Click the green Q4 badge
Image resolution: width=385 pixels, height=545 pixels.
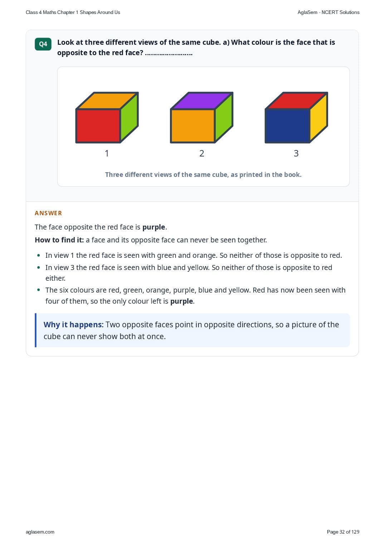click(x=43, y=44)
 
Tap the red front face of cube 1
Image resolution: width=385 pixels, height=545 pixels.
click(x=98, y=126)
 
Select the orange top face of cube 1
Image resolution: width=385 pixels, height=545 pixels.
click(x=107, y=101)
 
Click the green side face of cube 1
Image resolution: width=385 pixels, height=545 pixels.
click(x=129, y=117)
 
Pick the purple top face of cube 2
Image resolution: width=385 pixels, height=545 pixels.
click(x=202, y=101)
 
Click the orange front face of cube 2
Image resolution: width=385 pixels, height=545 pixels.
click(x=193, y=126)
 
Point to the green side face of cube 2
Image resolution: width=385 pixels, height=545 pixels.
click(x=224, y=117)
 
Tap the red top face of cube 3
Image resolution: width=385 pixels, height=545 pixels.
click(x=297, y=101)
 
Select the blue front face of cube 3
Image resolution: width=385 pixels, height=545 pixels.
click(x=288, y=126)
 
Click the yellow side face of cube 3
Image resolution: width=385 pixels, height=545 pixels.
click(x=319, y=117)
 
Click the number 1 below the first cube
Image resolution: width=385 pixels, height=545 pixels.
click(x=107, y=153)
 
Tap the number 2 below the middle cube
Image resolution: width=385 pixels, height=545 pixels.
click(x=202, y=153)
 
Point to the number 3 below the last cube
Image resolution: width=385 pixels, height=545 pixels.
click(x=296, y=153)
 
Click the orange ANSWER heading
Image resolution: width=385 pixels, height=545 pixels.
click(x=48, y=213)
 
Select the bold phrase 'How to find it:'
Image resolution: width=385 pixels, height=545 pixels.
click(x=59, y=240)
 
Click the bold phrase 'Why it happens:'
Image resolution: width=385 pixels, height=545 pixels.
click(x=74, y=324)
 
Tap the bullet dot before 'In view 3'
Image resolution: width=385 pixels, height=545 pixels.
click(x=38, y=267)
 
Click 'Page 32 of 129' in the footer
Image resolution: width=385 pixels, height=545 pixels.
click(x=343, y=532)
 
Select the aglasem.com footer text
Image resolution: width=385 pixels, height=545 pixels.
click(x=40, y=532)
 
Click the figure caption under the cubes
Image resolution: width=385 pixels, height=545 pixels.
click(x=203, y=175)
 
